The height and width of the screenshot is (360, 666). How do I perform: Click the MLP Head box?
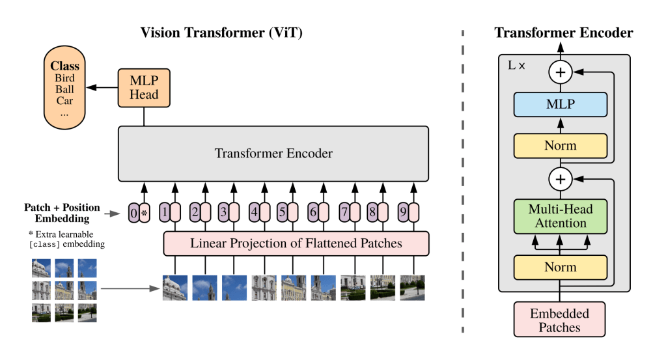tap(143, 88)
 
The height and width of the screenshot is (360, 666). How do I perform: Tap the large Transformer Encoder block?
tap(273, 154)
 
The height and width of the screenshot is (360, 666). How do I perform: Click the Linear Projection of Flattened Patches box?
tap(296, 243)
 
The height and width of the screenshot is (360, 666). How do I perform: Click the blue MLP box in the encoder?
tap(561, 104)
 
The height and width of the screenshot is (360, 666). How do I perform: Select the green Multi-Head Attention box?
tap(561, 215)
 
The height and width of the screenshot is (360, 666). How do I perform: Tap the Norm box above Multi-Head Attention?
tap(561, 146)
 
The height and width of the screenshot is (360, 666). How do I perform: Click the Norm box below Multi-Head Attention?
tap(561, 267)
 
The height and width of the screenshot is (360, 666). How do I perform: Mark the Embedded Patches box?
tap(561, 320)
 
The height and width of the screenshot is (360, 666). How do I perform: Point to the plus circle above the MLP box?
tap(561, 72)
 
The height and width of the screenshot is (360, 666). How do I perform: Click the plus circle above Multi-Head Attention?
tap(561, 178)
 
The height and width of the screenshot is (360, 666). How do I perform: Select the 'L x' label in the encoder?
tap(516, 66)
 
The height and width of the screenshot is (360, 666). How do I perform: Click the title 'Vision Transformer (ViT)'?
tap(221, 33)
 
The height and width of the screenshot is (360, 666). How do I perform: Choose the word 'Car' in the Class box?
tap(64, 101)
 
